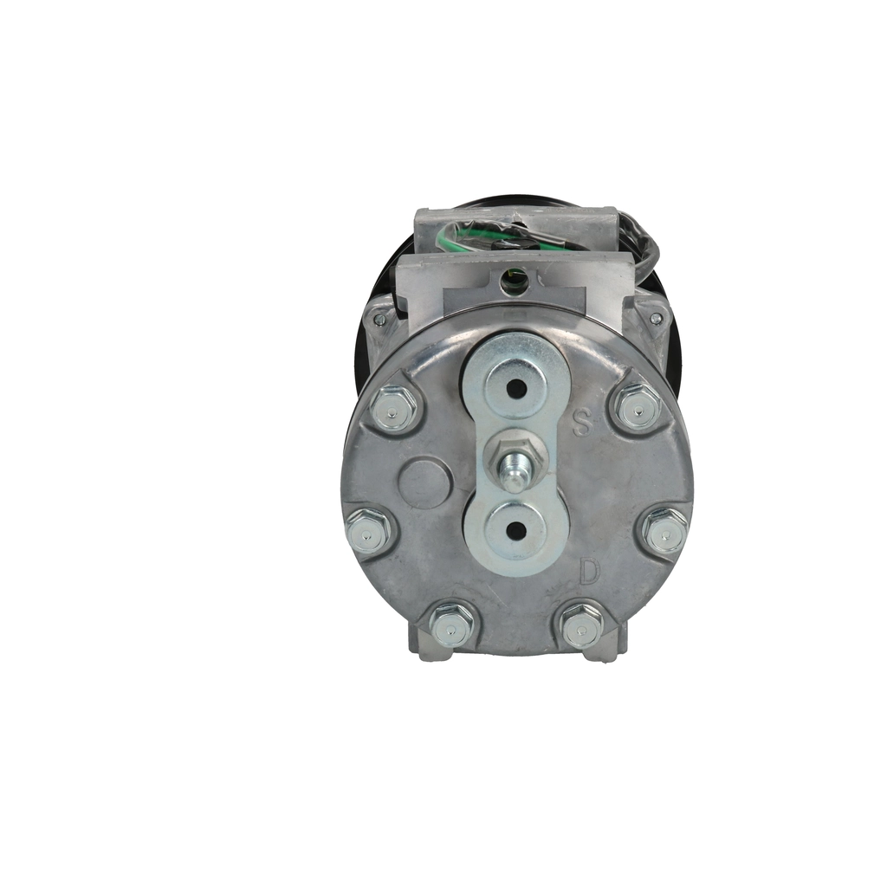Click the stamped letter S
[581, 423]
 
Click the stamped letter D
[589, 571]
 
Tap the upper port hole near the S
[516, 389]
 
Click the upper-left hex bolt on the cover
[394, 409]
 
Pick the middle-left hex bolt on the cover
[368, 533]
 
